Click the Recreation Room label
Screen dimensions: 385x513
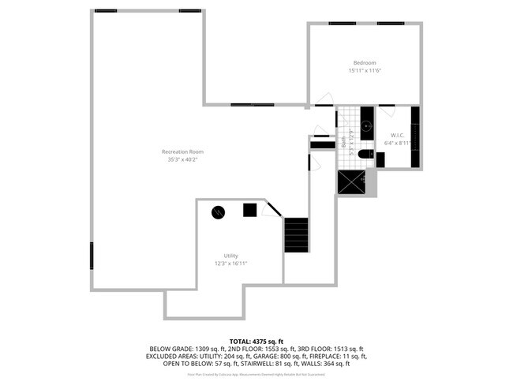pos(182,151)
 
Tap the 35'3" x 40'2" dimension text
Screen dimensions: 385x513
pos(182,159)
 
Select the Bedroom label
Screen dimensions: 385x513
pos(365,63)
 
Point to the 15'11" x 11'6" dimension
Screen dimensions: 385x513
pos(365,71)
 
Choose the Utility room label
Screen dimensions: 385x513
pos(230,256)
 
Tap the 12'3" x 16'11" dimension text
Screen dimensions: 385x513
pos(230,264)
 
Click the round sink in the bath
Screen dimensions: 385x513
pos(366,125)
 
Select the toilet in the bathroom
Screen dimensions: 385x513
pos(365,155)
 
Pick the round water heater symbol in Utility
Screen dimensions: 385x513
pos(218,211)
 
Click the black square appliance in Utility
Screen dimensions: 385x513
pos(249,210)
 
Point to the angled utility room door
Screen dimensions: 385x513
pos(271,210)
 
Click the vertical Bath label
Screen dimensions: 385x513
pos(344,143)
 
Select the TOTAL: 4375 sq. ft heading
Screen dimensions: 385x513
pos(256,340)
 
